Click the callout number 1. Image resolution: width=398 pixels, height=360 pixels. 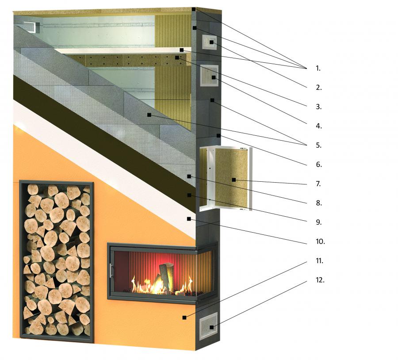318,68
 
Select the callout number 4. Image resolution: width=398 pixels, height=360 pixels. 319,126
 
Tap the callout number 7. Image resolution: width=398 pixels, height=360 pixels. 318,184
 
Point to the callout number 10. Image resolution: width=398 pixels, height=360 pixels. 320,241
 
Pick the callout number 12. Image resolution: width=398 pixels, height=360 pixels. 320,280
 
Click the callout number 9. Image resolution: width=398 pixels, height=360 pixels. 319,222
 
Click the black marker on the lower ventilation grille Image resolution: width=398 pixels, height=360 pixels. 211,327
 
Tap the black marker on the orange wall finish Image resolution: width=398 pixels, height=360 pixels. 184,318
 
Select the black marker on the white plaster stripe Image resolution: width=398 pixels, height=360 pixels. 188,219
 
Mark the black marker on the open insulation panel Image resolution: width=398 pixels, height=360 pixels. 234,180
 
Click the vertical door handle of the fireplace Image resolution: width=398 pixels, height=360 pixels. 111,271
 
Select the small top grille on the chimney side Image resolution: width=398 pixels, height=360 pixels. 210,42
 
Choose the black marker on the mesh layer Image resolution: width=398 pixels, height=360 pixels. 189,176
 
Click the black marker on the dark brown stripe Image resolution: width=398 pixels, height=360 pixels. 189,195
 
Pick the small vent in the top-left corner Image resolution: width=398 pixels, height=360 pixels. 31,27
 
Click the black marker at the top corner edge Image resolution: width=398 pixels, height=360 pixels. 194,9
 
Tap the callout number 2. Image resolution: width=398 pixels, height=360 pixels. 319,87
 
